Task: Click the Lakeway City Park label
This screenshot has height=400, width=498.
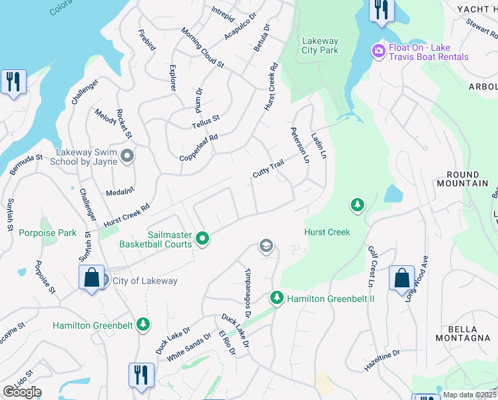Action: pos(320,45)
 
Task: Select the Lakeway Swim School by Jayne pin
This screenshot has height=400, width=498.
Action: pos(128,156)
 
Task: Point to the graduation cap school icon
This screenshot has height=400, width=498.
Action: pos(266,247)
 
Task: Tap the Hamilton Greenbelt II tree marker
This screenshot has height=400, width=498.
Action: pos(276,298)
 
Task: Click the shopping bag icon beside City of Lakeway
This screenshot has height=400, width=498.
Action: pos(91,277)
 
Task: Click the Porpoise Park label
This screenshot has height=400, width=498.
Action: pos(48,233)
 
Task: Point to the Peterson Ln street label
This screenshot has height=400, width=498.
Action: pos(299,146)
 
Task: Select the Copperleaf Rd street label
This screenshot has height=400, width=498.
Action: pos(198,148)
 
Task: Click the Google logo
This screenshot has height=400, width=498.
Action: pos(22,392)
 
